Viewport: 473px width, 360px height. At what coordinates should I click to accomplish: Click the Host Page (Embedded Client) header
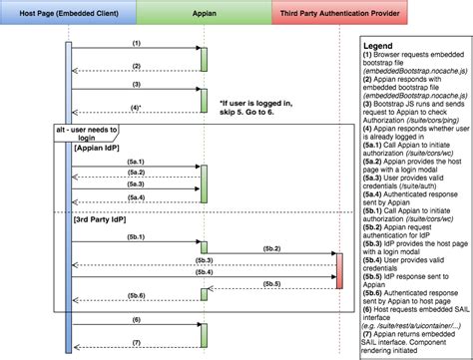pyautogui.click(x=68, y=13)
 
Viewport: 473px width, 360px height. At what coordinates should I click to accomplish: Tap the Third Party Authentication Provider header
pyautogui.click(x=338, y=13)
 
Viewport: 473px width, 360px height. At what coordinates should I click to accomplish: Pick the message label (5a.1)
pyautogui.click(x=137, y=161)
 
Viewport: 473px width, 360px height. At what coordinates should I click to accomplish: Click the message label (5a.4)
pyautogui.click(x=137, y=196)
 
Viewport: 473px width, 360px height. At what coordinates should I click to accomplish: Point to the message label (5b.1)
pyautogui.click(x=137, y=236)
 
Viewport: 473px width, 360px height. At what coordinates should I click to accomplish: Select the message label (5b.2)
pyautogui.click(x=269, y=246)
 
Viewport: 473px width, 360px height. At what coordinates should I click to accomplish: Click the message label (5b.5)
pyautogui.click(x=269, y=284)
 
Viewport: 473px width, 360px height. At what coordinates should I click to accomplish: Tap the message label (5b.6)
pyautogui.click(x=137, y=296)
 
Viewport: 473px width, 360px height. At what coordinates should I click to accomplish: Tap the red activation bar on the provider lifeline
pyautogui.click(x=338, y=270)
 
